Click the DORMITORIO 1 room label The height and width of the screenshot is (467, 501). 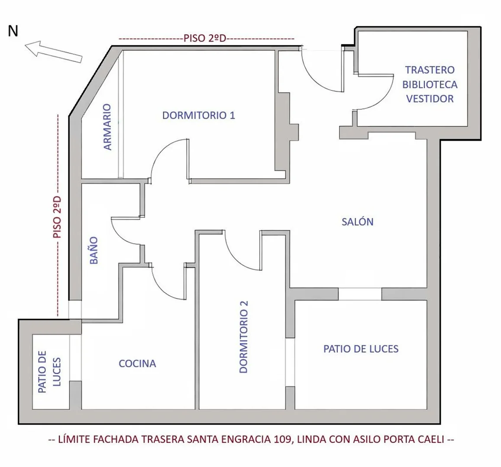(198, 115)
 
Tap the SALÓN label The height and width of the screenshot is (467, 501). (358, 221)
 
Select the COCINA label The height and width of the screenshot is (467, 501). (137, 363)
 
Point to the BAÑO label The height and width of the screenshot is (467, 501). (94, 250)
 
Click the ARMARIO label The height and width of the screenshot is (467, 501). (108, 127)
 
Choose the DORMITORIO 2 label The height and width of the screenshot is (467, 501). (243, 337)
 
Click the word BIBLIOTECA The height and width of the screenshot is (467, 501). (430, 84)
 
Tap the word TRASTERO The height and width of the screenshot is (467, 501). (430, 70)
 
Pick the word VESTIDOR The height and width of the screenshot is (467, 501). (430, 99)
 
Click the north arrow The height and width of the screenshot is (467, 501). (53, 52)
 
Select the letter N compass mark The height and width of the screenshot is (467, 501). (13, 31)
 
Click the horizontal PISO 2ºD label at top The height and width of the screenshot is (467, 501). (205, 38)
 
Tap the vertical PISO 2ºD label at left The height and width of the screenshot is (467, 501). (58, 217)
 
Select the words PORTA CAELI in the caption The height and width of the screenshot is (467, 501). (414, 439)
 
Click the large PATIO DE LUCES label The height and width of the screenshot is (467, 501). (361, 349)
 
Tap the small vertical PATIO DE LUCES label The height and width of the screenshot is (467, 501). (49, 372)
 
